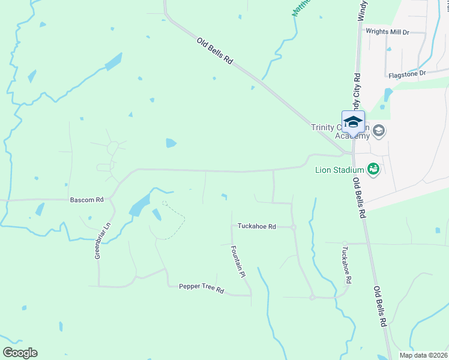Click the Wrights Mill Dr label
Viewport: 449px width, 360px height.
point(387,32)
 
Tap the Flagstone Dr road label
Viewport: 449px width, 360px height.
point(406,74)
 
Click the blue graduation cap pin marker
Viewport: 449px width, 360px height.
point(353,121)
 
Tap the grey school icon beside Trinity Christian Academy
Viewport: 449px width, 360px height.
point(379,130)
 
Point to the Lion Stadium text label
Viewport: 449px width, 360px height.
point(340,169)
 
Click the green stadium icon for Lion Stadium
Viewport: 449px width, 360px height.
point(373,169)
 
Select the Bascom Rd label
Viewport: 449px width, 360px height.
point(87,199)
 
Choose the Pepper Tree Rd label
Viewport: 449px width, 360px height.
point(201,288)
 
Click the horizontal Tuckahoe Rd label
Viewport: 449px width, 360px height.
point(256,227)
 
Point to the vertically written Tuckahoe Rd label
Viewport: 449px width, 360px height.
point(346,265)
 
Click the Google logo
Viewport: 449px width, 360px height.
point(20,353)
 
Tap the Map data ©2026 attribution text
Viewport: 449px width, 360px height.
point(423,355)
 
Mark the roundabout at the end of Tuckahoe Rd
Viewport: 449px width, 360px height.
point(294,227)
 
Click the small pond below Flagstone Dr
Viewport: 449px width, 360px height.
point(388,95)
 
